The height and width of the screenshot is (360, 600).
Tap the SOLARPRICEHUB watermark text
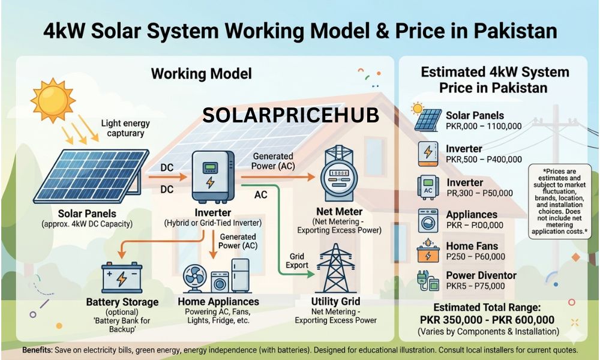(290, 116)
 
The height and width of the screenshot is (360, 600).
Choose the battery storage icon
(122, 277)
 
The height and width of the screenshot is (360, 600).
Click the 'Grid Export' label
(298, 261)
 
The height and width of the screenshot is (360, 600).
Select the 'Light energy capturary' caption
(125, 128)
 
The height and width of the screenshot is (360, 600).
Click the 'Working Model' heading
(201, 74)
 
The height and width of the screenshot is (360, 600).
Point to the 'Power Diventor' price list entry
(481, 276)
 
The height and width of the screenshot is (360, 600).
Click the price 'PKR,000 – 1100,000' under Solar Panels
(484, 127)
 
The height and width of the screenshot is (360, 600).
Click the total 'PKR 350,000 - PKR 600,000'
(487, 320)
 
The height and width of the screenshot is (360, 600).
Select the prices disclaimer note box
(560, 199)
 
